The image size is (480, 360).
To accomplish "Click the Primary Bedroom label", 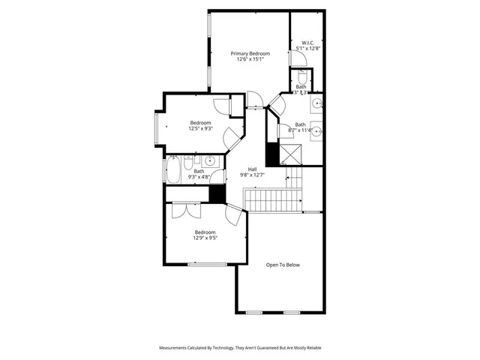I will coord(250,53).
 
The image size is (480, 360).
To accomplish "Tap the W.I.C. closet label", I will coord(307,43).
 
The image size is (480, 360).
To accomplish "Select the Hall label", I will coord(253,169).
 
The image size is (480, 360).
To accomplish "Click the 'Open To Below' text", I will coord(283,265).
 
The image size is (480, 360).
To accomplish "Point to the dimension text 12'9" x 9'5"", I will coord(205,238).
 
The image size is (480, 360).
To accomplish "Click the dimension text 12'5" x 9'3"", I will coord(200,128).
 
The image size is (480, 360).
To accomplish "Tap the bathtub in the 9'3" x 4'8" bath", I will coord(172,169).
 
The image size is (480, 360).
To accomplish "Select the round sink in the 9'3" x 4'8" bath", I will coord(209,160).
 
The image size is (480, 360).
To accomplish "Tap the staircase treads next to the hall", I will coord(274,200).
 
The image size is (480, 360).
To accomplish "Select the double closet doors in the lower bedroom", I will coord(182,209).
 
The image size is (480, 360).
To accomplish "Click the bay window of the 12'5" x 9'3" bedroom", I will coord(157,128).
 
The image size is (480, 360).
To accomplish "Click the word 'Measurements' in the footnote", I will coord(176,348).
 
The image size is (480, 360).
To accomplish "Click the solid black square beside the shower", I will coord(271,154).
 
